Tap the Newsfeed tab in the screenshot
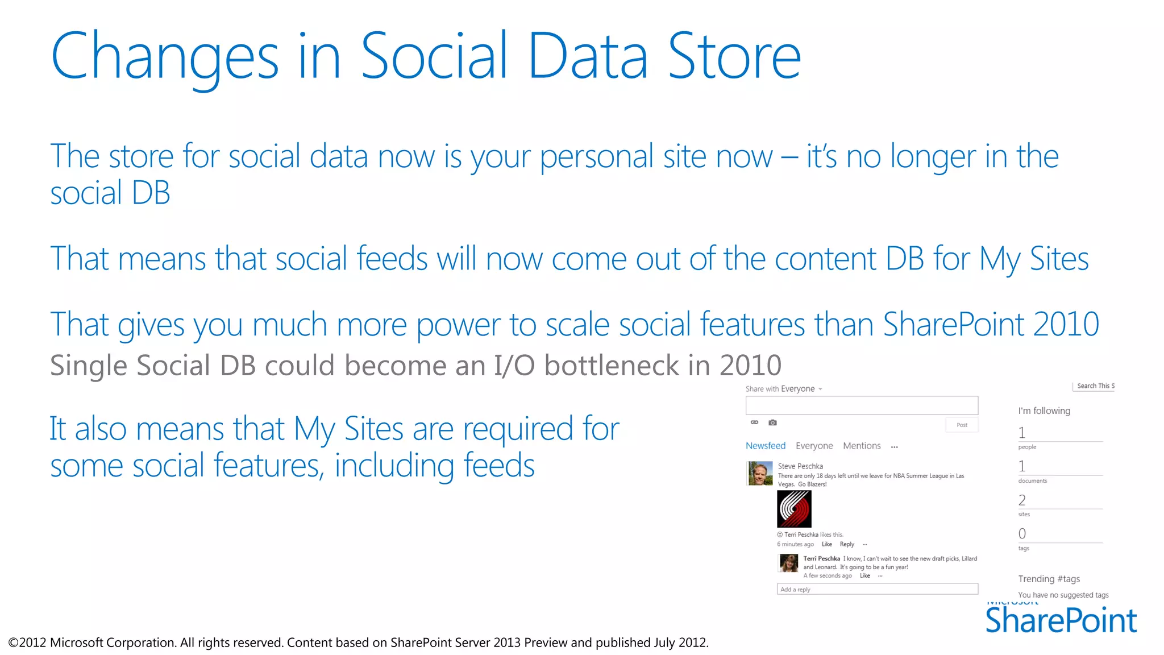click(765, 446)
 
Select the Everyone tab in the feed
click(814, 446)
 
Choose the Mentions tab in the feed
click(862, 446)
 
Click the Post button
click(962, 425)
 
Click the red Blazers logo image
click(794, 509)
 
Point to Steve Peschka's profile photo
click(759, 473)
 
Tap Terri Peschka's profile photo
click(789, 563)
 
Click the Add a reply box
click(877, 589)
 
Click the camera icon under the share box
click(772, 422)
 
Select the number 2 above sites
click(1022, 500)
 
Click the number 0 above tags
click(1022, 534)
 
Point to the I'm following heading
click(1044, 411)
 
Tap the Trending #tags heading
click(1049, 579)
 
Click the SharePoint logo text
click(1061, 621)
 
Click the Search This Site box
click(1095, 386)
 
